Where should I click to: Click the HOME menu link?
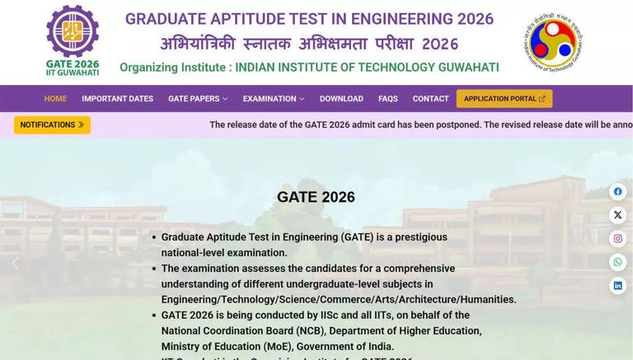click(55, 99)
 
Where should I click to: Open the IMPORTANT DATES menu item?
click(117, 99)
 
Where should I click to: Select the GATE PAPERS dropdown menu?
click(198, 99)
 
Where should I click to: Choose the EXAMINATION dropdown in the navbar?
click(274, 99)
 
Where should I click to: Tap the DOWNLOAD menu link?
click(341, 99)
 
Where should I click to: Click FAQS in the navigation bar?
click(387, 99)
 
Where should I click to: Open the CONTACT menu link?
click(430, 99)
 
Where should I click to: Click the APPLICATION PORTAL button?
click(504, 99)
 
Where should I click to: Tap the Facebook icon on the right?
click(617, 192)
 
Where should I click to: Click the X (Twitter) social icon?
click(617, 216)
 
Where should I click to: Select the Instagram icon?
click(617, 239)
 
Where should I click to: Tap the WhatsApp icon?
click(617, 263)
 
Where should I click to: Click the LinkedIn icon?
click(617, 286)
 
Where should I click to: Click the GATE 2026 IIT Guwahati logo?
click(73, 40)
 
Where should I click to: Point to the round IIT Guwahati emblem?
click(553, 42)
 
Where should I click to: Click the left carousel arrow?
click(16, 264)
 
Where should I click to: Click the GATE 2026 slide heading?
click(316, 197)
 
